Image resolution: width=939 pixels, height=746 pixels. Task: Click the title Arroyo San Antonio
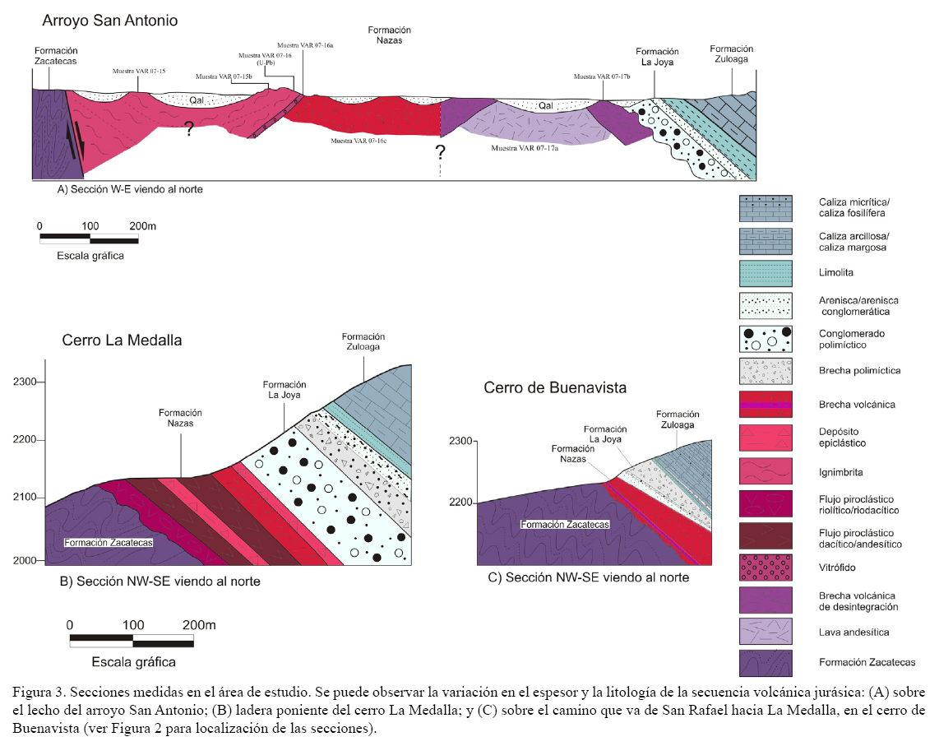109,19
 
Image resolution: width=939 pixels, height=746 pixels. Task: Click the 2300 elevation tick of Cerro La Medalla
26,382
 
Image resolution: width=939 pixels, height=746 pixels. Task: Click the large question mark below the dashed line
441,152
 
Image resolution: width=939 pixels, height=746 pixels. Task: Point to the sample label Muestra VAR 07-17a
525,148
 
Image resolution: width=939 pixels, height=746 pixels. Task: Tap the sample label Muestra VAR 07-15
139,72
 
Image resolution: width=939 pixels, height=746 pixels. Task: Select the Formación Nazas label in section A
389,35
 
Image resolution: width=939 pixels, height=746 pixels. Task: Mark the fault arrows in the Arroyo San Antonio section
74,138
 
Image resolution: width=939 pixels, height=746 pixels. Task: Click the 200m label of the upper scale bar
141,225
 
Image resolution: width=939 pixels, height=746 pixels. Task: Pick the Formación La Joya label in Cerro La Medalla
284,390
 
